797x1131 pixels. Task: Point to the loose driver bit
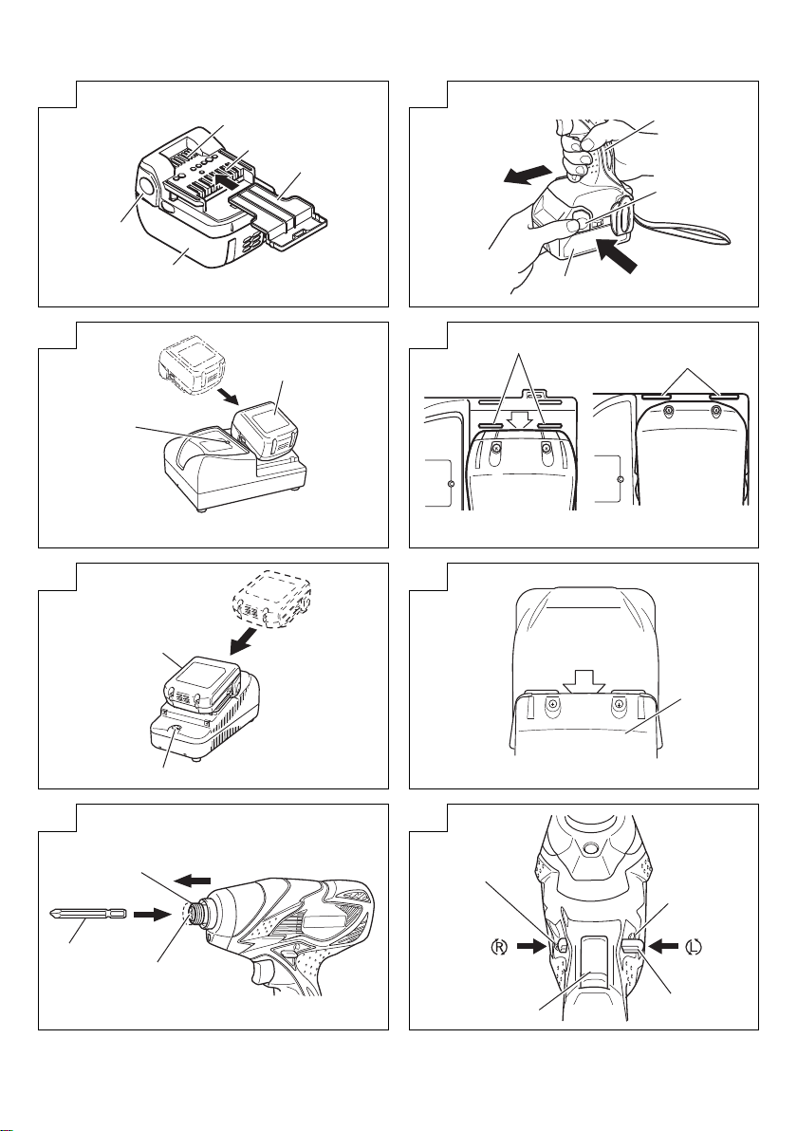(84, 916)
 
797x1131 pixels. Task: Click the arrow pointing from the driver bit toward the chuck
(148, 917)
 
